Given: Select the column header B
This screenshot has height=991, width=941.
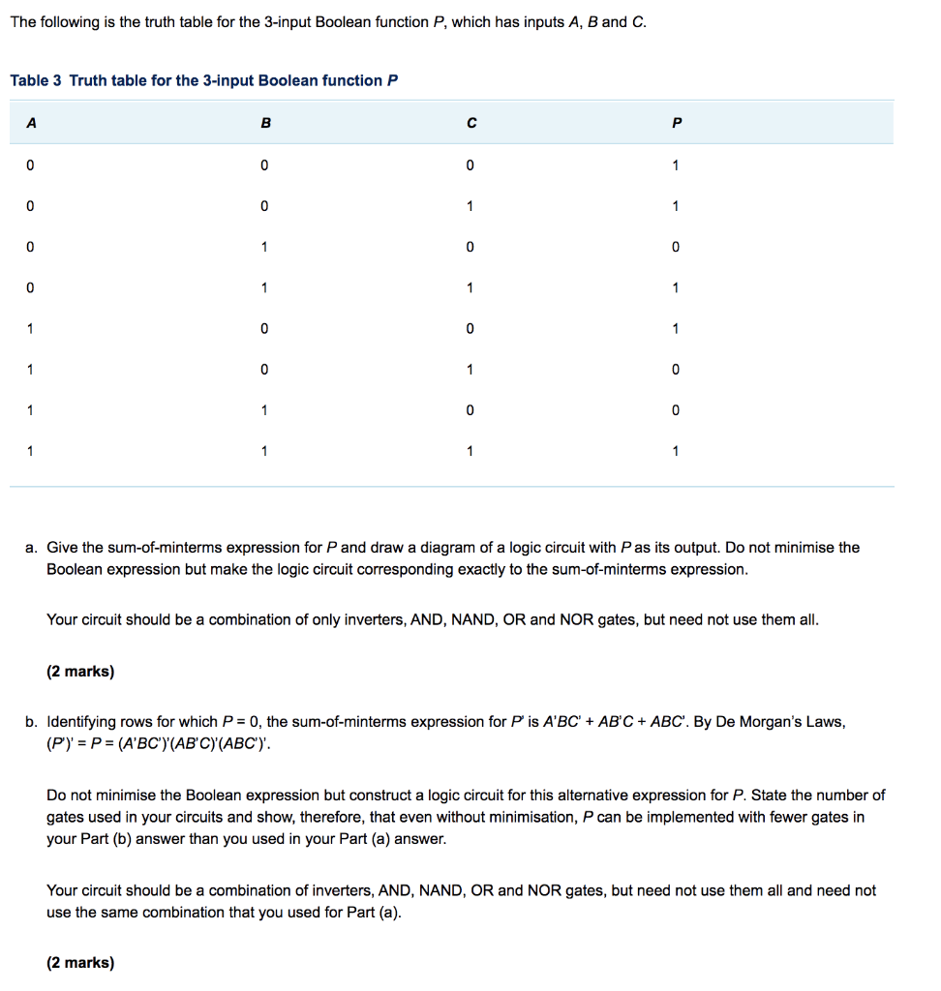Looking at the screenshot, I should point(266,123).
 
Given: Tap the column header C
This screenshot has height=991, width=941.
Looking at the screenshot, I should point(470,123).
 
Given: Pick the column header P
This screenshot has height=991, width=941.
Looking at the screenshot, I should point(676,123).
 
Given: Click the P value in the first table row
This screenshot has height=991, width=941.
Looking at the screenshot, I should point(676,165).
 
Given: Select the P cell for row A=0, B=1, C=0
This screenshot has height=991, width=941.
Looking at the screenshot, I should point(676,247).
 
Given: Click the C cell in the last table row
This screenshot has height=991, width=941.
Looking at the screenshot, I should point(470,451).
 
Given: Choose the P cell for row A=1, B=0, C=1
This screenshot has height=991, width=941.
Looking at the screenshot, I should point(676,370).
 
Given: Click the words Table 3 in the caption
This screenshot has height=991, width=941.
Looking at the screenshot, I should point(37,80).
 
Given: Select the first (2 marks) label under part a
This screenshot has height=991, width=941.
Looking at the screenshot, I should point(80,671).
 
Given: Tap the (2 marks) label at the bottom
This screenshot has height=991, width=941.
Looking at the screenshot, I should point(80,962).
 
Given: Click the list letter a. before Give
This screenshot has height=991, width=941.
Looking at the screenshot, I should point(32,548).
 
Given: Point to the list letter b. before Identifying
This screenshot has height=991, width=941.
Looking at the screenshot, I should point(32,722).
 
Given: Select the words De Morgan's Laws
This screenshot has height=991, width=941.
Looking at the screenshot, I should point(781,722).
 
